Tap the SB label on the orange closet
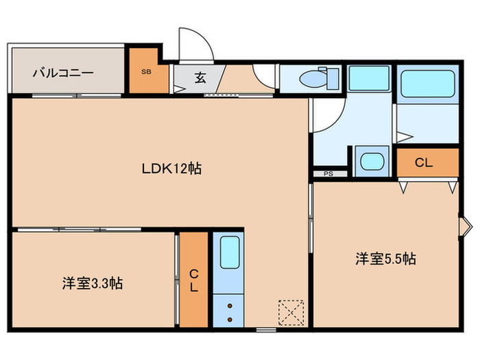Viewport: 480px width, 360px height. pos(146,71)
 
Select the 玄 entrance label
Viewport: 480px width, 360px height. pos(200,77)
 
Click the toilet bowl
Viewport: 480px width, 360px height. pos(316,79)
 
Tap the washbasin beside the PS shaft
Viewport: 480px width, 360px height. pos(372,163)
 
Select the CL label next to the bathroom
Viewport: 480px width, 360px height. pos(424,163)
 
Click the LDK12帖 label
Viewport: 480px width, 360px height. pos(171,169)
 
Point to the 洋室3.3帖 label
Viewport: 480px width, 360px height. pos(92,283)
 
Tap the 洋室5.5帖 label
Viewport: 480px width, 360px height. pos(385,259)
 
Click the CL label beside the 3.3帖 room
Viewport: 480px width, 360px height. pos(193,280)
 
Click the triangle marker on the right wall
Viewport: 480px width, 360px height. pos(465,224)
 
